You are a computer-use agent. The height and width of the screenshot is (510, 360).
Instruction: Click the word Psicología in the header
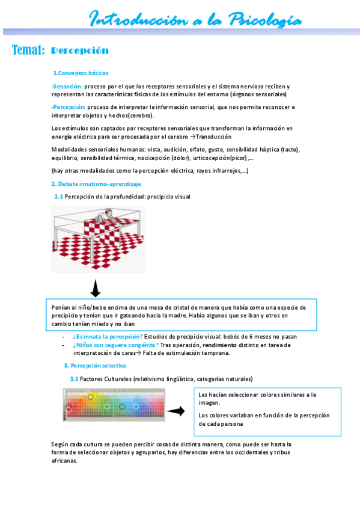pos(265,19)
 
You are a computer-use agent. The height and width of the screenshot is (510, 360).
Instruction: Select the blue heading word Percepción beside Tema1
pos(80,51)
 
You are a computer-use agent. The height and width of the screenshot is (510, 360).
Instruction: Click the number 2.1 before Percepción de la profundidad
pos(58,196)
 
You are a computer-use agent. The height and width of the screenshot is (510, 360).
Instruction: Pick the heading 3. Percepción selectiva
pos(95,366)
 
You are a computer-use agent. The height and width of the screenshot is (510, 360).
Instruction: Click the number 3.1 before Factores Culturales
pos(75,379)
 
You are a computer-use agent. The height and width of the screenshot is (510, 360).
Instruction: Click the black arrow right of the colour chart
pos(175,411)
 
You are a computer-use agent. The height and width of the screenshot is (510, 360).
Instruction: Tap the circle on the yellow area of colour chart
pos(91,397)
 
